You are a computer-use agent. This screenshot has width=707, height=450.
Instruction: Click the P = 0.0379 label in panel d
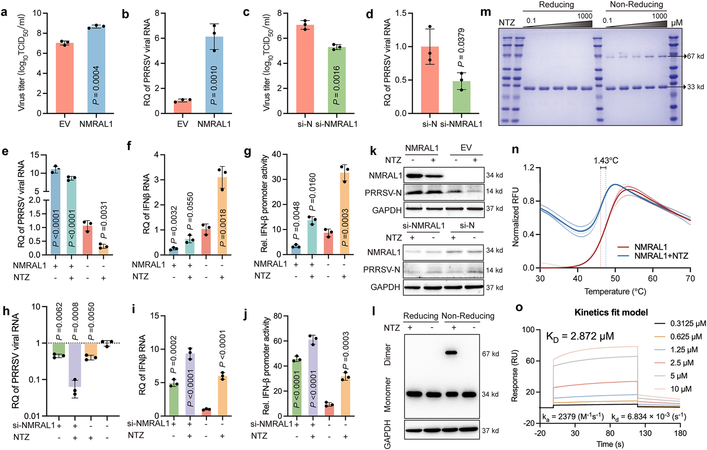click(461, 48)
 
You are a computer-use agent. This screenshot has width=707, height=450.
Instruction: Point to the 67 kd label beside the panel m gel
click(695, 56)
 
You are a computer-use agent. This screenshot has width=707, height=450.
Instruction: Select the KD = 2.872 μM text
click(580, 336)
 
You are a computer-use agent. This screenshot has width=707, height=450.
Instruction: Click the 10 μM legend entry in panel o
click(680, 389)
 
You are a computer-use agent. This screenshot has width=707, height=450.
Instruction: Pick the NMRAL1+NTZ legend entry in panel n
click(661, 256)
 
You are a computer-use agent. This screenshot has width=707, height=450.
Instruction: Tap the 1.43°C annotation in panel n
click(606, 160)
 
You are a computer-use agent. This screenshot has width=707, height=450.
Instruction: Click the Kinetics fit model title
click(611, 312)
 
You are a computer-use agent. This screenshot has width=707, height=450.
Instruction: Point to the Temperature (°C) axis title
click(615, 292)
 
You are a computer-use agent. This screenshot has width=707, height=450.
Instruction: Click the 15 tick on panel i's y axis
click(155, 316)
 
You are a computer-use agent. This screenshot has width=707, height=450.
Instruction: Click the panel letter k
click(373, 151)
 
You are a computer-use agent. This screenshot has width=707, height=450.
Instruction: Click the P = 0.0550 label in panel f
click(190, 211)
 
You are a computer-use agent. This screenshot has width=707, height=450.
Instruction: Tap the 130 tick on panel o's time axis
click(645, 433)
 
